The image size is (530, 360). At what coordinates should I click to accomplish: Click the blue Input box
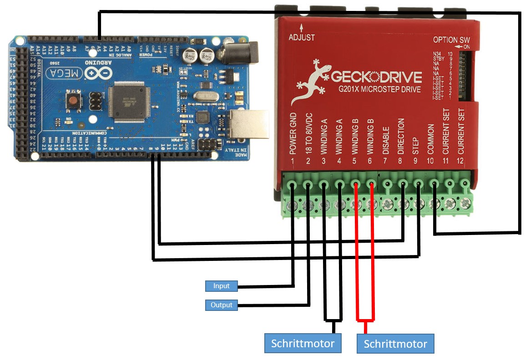click(222, 286)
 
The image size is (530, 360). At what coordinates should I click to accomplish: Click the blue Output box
click(222, 305)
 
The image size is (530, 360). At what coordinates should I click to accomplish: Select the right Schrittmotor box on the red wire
click(395, 344)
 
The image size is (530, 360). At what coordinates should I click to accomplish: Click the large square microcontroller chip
click(131, 101)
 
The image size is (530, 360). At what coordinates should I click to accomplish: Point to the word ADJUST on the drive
click(302, 37)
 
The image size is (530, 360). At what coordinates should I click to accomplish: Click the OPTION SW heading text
click(451, 40)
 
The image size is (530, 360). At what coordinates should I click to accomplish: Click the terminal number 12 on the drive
click(461, 160)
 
